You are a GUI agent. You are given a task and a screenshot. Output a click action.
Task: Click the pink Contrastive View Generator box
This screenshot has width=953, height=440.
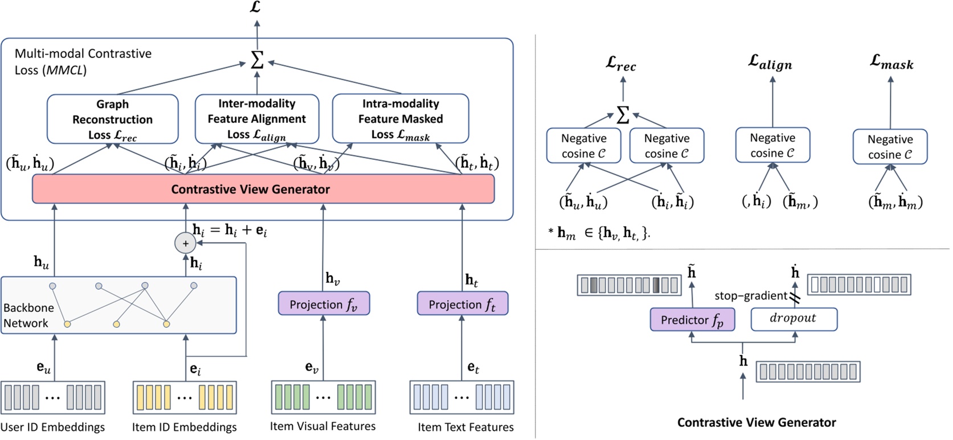263,189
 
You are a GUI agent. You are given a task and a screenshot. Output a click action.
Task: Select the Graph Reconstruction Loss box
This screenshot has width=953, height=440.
112,119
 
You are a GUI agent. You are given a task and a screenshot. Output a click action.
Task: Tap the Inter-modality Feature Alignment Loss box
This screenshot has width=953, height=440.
256,119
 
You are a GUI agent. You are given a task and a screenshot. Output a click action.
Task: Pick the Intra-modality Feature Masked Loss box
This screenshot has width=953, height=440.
400,119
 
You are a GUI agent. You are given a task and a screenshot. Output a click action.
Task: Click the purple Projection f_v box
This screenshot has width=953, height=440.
324,304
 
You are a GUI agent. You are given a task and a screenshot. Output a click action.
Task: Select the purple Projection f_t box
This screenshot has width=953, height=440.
462,304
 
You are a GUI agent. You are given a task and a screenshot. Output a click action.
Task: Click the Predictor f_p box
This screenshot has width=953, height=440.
692,320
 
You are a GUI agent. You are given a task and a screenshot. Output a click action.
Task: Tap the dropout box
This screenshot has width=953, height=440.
794,319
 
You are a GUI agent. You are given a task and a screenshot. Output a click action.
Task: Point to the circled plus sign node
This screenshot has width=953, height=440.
185,244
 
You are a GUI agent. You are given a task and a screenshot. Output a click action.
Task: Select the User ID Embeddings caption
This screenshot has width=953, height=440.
52,427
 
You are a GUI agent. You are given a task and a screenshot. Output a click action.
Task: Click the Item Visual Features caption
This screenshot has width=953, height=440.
322,426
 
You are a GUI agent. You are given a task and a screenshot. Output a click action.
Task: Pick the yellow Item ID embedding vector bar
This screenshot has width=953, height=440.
185,397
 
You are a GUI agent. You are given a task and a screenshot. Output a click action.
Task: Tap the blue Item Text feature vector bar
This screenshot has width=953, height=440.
461,397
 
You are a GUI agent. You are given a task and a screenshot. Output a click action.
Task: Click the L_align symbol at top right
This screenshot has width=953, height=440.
770,63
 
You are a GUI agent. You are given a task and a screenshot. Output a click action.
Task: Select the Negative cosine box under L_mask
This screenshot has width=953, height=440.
889,147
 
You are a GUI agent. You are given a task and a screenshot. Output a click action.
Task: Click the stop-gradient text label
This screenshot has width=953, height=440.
750,295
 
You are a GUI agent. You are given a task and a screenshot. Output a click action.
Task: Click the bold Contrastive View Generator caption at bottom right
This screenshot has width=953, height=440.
756,422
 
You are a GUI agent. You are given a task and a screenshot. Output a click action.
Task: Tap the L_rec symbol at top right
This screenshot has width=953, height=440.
620,64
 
